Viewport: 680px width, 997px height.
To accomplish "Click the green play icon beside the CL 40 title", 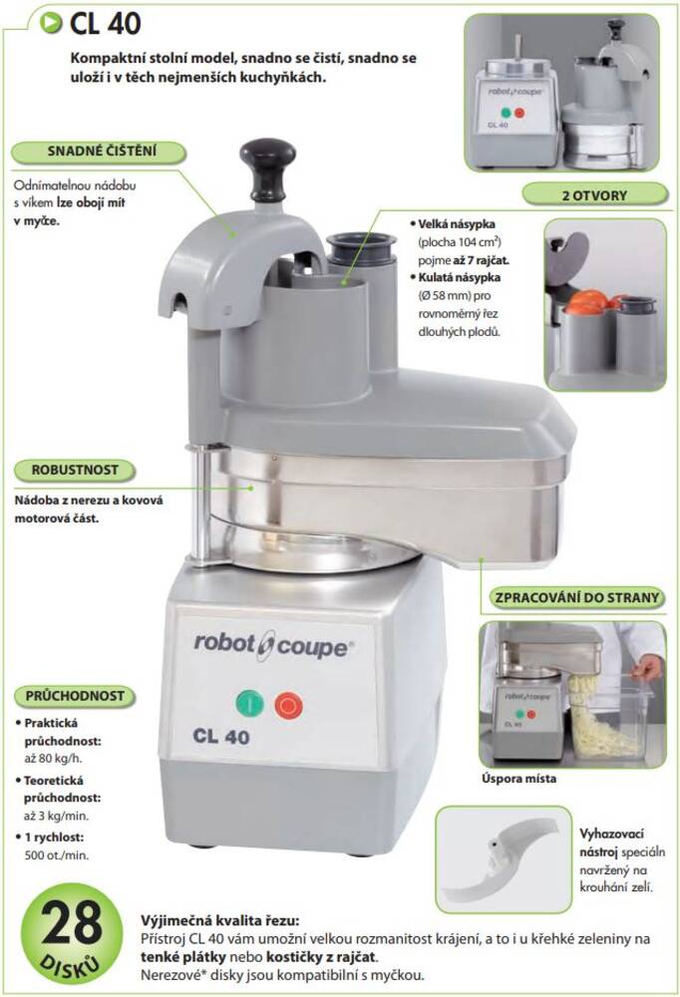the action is click(x=50, y=23).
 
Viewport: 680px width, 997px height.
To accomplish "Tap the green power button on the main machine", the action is click(x=250, y=704).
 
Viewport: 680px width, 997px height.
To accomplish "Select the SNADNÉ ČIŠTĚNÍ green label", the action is click(x=100, y=152).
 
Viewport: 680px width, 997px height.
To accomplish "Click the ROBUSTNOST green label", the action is click(x=75, y=471).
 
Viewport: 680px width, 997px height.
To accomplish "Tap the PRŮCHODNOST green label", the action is click(x=75, y=696).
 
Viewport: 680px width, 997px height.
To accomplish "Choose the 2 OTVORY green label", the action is click(x=594, y=195).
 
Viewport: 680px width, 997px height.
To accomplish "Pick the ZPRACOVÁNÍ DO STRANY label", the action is click(x=577, y=598).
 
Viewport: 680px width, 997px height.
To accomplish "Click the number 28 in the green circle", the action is click(x=71, y=922).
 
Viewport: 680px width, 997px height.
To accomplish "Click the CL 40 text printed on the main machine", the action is click(x=220, y=737).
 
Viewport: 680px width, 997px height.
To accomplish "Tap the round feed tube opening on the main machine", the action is click(x=361, y=245).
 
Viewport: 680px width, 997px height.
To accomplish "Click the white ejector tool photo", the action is click(x=503, y=859).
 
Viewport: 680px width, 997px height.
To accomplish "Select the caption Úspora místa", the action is click(x=518, y=779).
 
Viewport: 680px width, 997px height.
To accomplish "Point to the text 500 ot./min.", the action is click(x=57, y=855).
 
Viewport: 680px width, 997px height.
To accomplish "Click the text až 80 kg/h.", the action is click(x=54, y=759).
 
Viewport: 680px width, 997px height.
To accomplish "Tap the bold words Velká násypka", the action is click(x=456, y=223).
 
